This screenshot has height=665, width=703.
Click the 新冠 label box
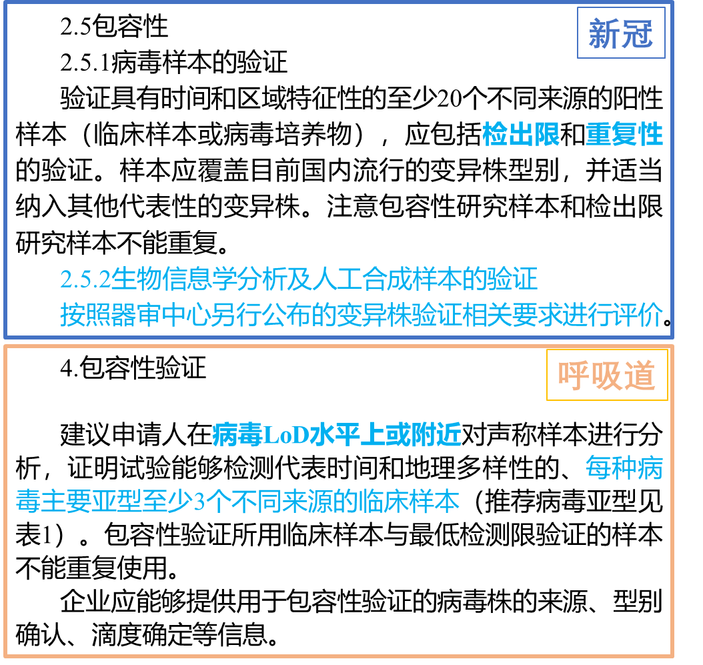click(x=620, y=33)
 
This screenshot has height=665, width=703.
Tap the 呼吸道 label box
click(x=607, y=376)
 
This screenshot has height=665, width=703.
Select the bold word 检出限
click(x=521, y=135)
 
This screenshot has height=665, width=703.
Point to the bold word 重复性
click(x=624, y=135)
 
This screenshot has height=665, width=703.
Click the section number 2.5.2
click(x=85, y=279)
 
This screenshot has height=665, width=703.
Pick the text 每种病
click(x=624, y=468)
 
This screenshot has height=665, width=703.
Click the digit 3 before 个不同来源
click(x=199, y=502)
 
